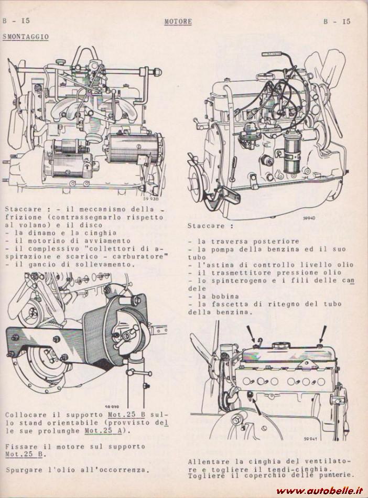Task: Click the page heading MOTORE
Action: (x=178, y=22)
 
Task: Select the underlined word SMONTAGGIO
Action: (x=26, y=37)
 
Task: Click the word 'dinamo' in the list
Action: (x=36, y=232)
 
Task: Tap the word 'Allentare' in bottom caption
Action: (x=208, y=462)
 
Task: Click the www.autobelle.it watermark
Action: (x=321, y=491)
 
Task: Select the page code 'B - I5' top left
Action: (x=15, y=22)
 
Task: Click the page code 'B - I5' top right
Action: (x=337, y=22)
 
